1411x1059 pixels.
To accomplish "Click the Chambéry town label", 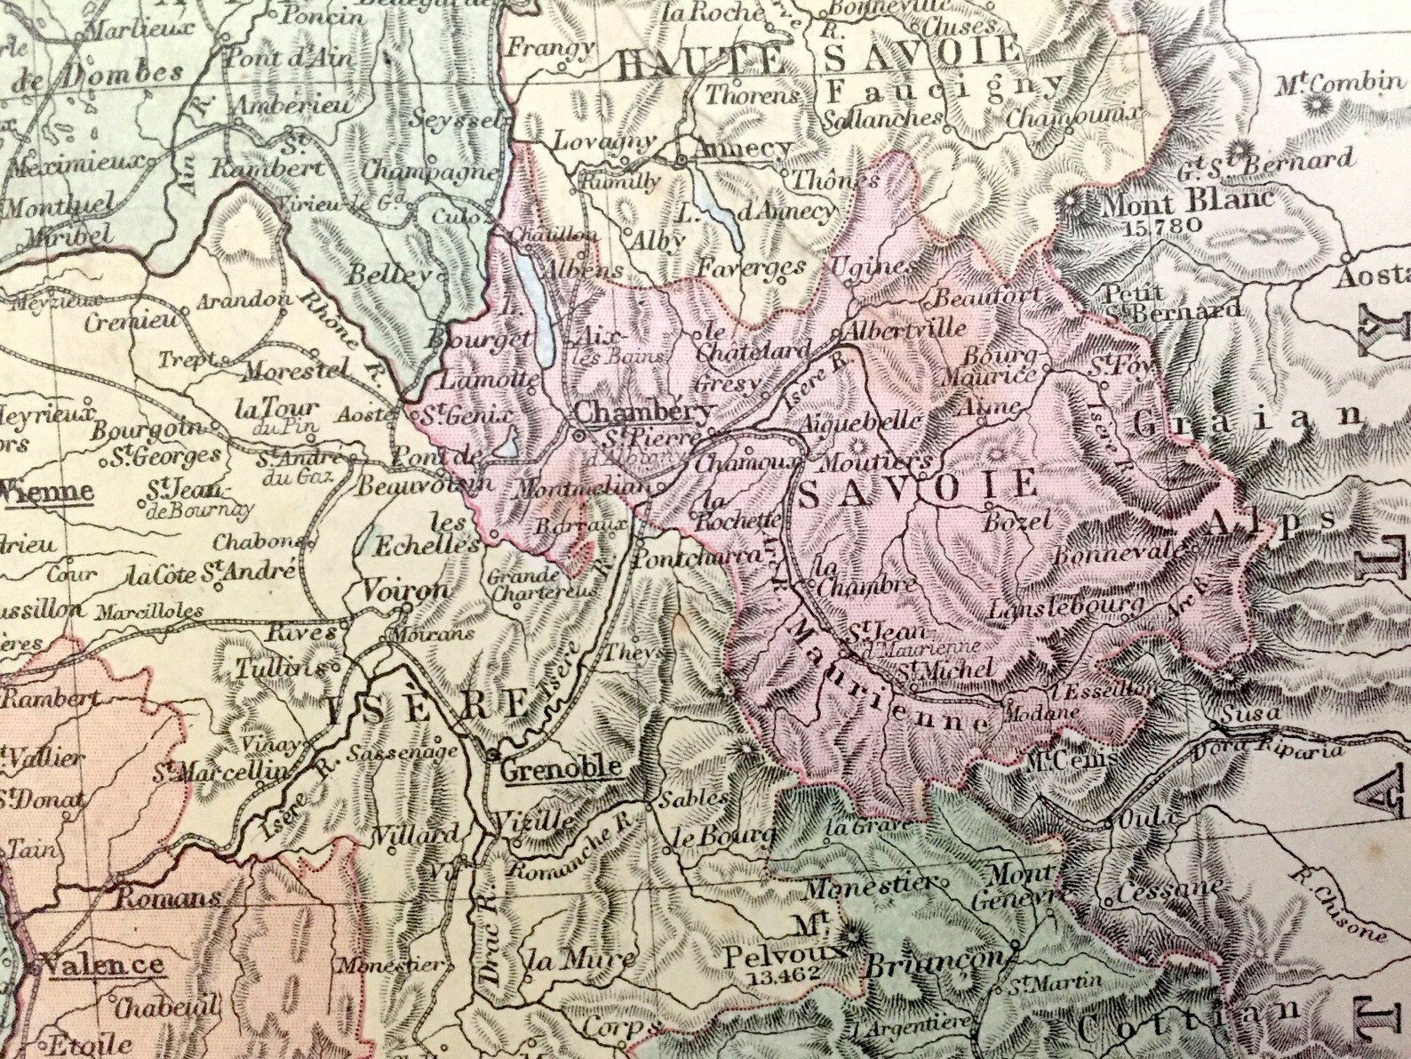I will pyautogui.click(x=642, y=411).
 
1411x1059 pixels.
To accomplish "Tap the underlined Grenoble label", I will pyautogui.click(x=560, y=768).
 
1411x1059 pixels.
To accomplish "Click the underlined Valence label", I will pyautogui.click(x=106, y=965).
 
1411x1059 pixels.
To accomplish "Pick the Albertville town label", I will pyautogui.click(x=905, y=328).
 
